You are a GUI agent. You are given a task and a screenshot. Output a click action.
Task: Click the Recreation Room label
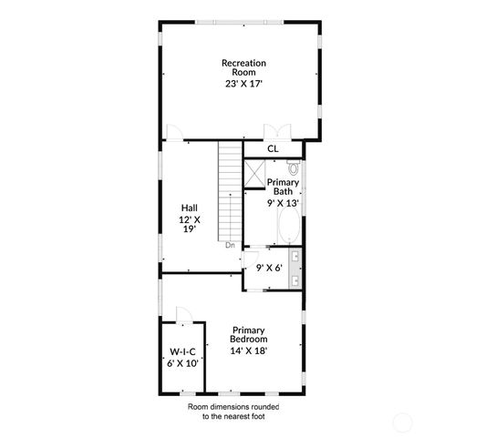click(x=243, y=67)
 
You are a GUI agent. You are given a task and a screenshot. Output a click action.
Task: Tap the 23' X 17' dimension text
click(x=243, y=83)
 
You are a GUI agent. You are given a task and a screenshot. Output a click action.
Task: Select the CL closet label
click(x=273, y=149)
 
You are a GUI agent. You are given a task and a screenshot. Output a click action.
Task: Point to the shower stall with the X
click(x=254, y=173)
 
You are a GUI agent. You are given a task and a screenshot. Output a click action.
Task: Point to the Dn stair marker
click(x=232, y=244)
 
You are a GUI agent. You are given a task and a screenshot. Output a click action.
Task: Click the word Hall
click(x=189, y=208)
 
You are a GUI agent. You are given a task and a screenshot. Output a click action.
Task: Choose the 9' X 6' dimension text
click(x=269, y=268)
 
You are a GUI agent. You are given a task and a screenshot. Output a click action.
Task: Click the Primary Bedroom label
click(x=249, y=335)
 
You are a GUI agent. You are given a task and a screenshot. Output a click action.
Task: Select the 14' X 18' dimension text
click(x=249, y=350)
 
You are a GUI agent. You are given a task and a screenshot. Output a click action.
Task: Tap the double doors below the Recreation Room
click(x=273, y=132)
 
